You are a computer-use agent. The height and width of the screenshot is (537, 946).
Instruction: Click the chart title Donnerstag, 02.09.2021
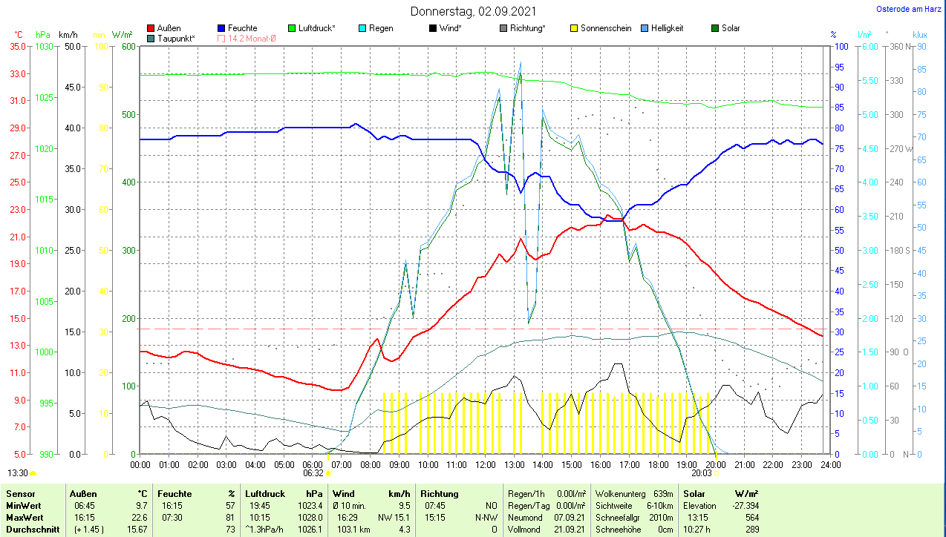(x=473, y=12)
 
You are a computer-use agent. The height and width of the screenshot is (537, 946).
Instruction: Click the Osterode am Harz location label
(x=909, y=9)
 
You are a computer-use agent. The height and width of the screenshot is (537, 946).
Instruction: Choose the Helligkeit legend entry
(x=667, y=28)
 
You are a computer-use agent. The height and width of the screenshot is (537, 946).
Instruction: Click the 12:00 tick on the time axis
(x=485, y=464)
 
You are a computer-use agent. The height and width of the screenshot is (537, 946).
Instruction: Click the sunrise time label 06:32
(x=313, y=472)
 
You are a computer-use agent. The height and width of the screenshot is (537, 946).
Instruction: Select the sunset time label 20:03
(x=701, y=472)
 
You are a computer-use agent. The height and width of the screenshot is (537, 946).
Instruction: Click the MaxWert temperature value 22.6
(x=140, y=517)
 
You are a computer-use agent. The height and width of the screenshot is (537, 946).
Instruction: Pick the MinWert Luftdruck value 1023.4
(x=313, y=505)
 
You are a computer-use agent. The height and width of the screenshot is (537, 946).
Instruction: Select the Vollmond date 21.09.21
(x=570, y=529)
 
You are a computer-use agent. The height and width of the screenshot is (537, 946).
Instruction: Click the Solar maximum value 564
(x=751, y=517)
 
